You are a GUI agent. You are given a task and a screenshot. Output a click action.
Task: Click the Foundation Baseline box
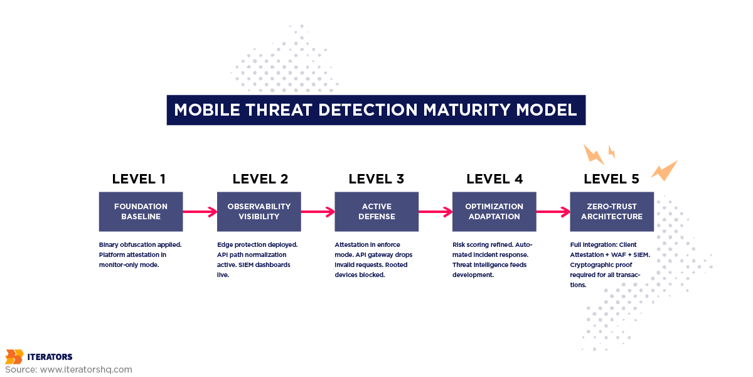(x=141, y=211)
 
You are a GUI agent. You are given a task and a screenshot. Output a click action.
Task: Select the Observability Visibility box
(x=259, y=211)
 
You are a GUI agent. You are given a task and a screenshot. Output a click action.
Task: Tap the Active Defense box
(x=376, y=211)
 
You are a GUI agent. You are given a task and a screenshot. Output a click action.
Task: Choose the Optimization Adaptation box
(x=494, y=211)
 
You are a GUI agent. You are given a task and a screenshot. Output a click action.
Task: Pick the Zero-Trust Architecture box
(x=612, y=211)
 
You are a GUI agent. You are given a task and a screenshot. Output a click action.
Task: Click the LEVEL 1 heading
(x=139, y=178)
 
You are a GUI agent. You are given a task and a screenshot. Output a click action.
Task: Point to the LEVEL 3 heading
(x=376, y=178)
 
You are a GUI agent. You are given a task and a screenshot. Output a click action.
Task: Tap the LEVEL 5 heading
(x=611, y=178)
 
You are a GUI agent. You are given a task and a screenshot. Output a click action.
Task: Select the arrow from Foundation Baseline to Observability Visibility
(x=200, y=212)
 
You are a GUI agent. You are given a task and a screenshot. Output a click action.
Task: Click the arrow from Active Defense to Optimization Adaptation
(x=435, y=212)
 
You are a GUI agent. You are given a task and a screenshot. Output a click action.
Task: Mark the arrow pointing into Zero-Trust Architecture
(x=553, y=212)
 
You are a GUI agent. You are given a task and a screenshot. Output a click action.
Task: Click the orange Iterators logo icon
(x=14, y=357)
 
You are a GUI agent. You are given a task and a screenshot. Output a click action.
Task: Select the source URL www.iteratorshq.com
(x=86, y=369)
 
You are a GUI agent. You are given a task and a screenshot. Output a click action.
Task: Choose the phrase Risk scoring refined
(x=483, y=244)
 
